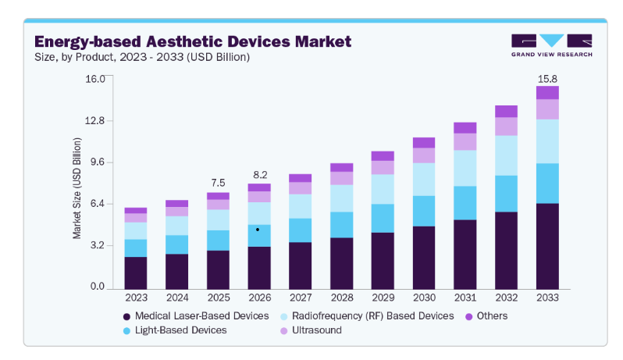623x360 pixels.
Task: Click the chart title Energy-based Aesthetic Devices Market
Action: (193, 41)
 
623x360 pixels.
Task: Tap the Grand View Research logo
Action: (551, 45)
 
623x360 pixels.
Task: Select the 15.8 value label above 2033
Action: (547, 79)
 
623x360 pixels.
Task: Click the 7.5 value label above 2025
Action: (218, 183)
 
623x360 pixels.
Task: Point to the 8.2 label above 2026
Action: (260, 175)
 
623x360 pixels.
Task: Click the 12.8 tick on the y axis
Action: (94, 120)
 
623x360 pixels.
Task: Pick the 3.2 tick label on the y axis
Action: (98, 245)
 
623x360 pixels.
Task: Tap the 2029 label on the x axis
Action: (383, 298)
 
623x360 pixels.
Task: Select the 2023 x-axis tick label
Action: (136, 298)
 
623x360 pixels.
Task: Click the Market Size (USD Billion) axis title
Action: (77, 188)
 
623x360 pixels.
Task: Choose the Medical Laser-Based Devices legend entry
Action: (196, 316)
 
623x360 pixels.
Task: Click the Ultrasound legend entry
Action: (311, 330)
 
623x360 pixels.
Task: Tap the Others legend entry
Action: (486, 316)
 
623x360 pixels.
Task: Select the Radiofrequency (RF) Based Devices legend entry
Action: (367, 316)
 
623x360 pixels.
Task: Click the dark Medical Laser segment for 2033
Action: (547, 246)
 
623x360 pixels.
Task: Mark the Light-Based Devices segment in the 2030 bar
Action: (424, 211)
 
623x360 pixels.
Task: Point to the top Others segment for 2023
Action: (136, 211)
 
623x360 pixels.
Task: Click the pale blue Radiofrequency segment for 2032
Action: (506, 155)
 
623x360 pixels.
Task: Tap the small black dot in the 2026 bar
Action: (258, 230)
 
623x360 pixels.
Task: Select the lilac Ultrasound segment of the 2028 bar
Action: (342, 178)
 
